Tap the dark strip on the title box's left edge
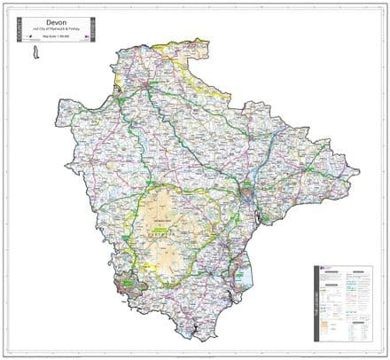point(17,33)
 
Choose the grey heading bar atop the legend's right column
point(358,271)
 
